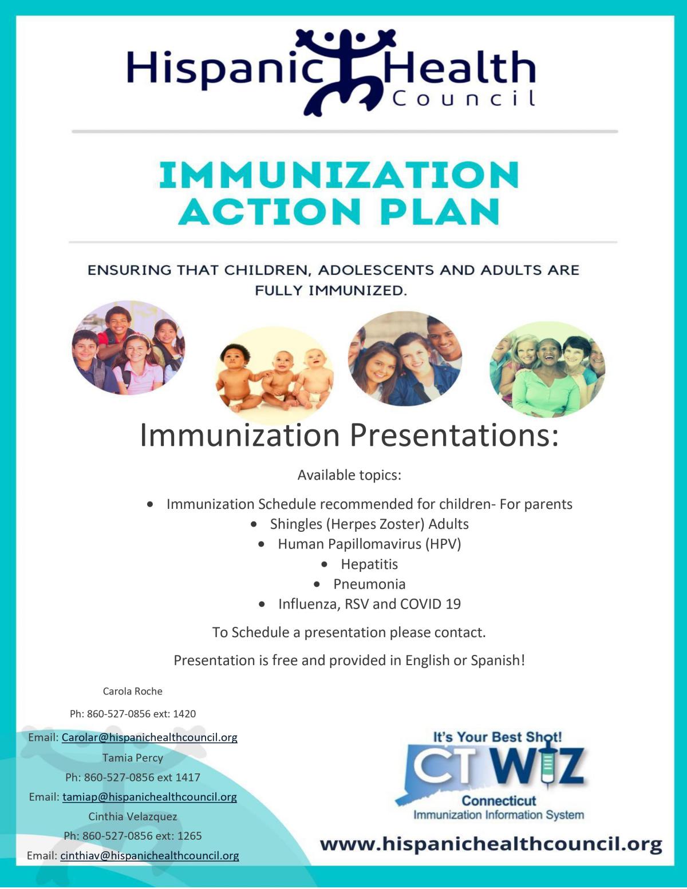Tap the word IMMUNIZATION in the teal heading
(x=339, y=175)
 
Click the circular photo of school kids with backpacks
(x=128, y=348)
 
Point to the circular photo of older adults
(x=547, y=369)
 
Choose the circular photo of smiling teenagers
(x=405, y=358)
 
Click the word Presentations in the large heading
(x=453, y=435)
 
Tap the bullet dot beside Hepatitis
(x=325, y=564)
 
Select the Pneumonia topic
(x=369, y=584)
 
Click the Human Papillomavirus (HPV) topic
(x=369, y=544)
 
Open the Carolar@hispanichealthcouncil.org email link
(x=149, y=737)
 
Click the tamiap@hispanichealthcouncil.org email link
(x=149, y=797)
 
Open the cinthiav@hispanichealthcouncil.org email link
(x=149, y=856)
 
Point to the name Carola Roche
(x=133, y=691)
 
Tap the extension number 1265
(x=189, y=836)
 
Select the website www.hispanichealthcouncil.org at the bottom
(x=491, y=844)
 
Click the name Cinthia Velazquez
(x=133, y=816)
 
